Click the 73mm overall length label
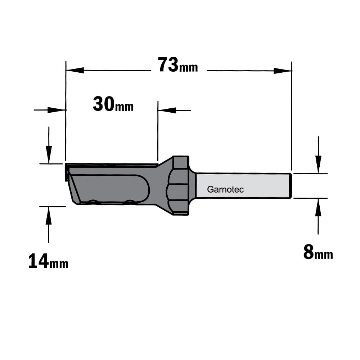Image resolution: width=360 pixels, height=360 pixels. pyautogui.click(x=178, y=65)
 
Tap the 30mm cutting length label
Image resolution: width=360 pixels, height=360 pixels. pyautogui.click(x=113, y=104)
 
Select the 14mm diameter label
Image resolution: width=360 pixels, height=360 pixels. pyautogui.click(x=48, y=261)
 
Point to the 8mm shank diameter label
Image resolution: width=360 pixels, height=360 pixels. pyautogui.click(x=318, y=252)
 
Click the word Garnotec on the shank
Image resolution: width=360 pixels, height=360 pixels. pyautogui.click(x=225, y=189)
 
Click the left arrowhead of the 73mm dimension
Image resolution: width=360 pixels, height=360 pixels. pyautogui.click(x=75, y=71)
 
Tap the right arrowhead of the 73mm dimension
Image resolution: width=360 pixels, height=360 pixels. pyautogui.click(x=283, y=71)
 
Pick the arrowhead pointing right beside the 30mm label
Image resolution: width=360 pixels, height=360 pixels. pyautogui.click(x=57, y=110)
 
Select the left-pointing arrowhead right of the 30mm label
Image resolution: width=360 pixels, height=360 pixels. pyautogui.click(x=167, y=110)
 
